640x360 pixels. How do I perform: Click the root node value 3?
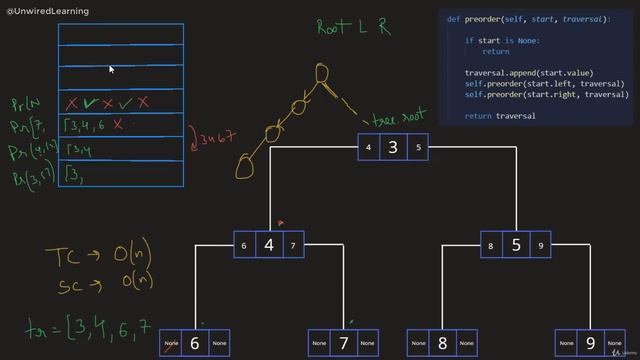pos(393,148)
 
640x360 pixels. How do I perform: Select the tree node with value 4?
pos(268,245)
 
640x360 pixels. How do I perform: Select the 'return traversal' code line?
pos(501,116)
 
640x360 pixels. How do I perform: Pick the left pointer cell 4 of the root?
pos(369,148)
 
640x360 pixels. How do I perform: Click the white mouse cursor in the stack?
pos(111,70)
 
